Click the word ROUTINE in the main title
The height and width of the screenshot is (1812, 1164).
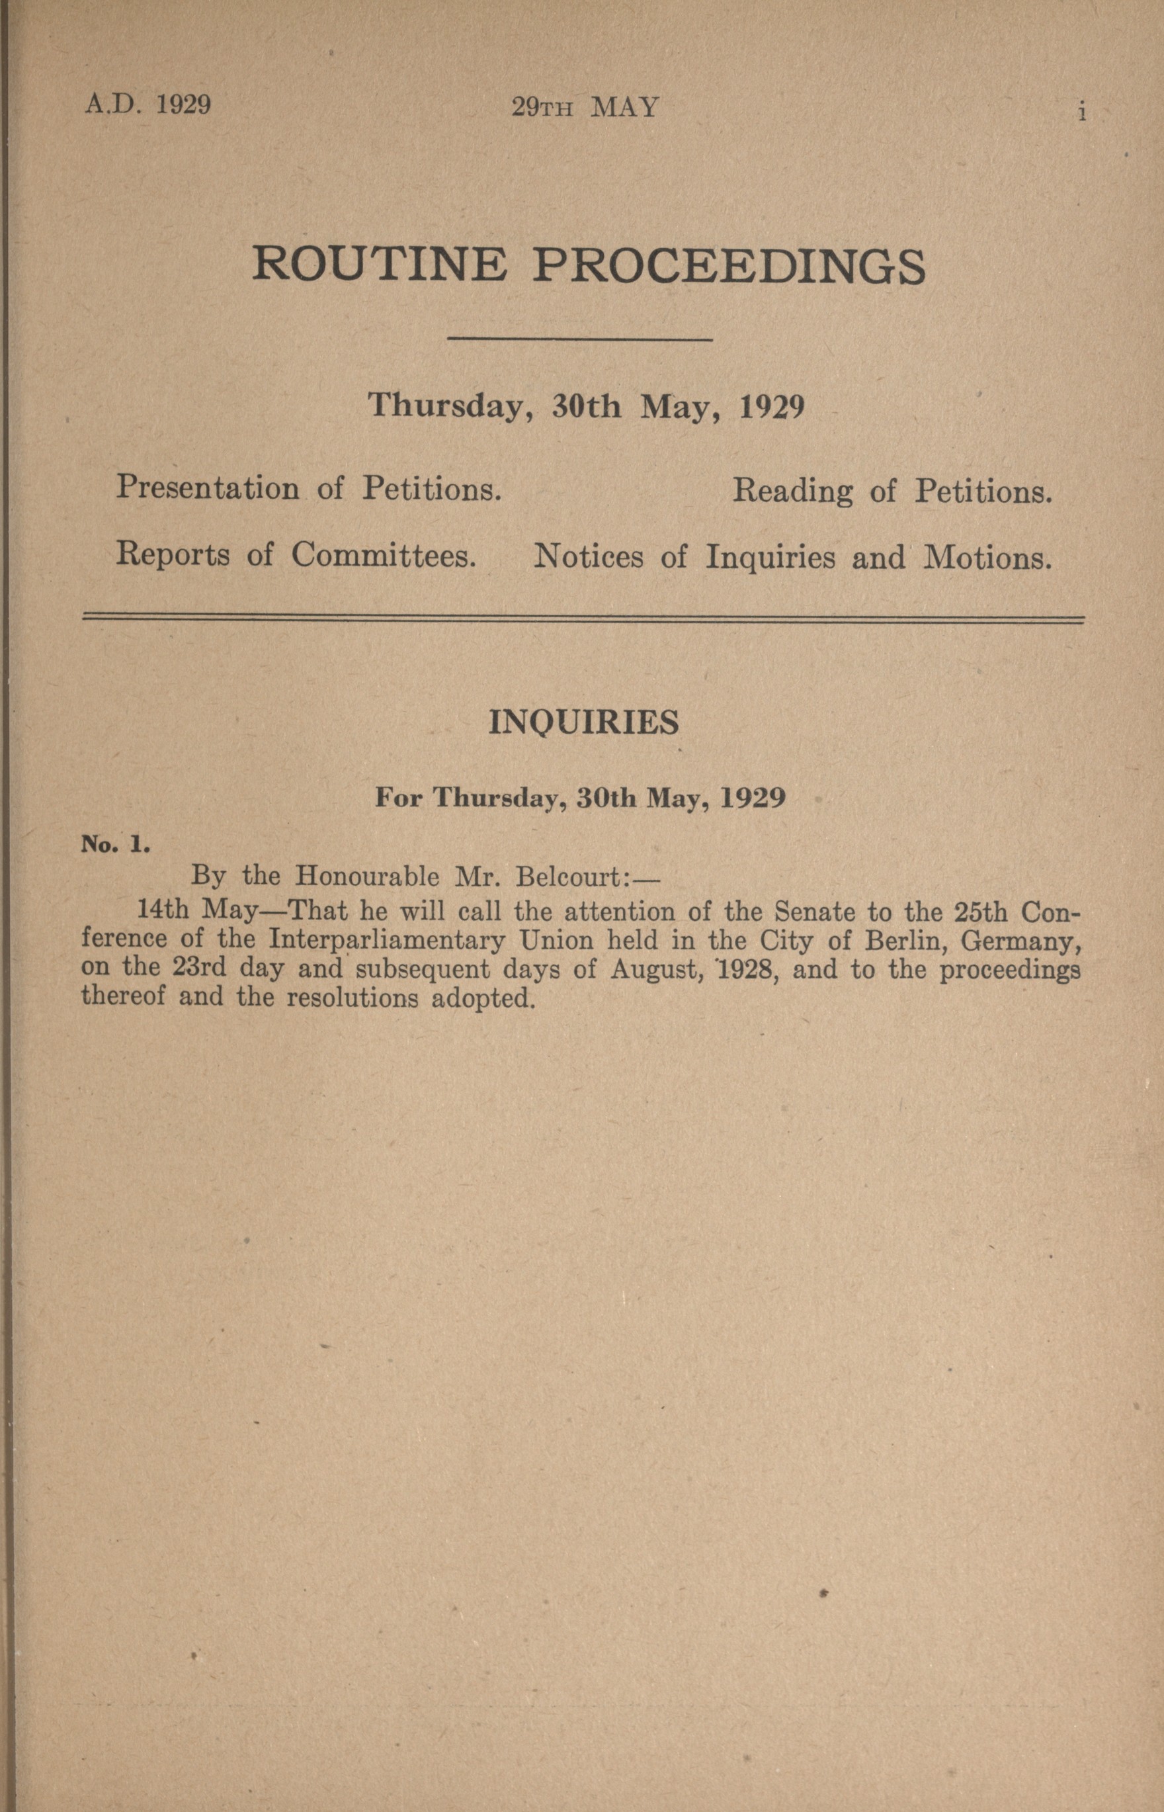379,265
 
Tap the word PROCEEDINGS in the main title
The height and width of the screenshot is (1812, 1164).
729,267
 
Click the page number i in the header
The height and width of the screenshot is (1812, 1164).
1083,112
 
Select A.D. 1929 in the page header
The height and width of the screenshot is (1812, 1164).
147,105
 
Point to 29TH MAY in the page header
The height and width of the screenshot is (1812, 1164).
585,107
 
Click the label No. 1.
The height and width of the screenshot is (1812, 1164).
116,844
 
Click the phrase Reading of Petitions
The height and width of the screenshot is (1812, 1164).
893,492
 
